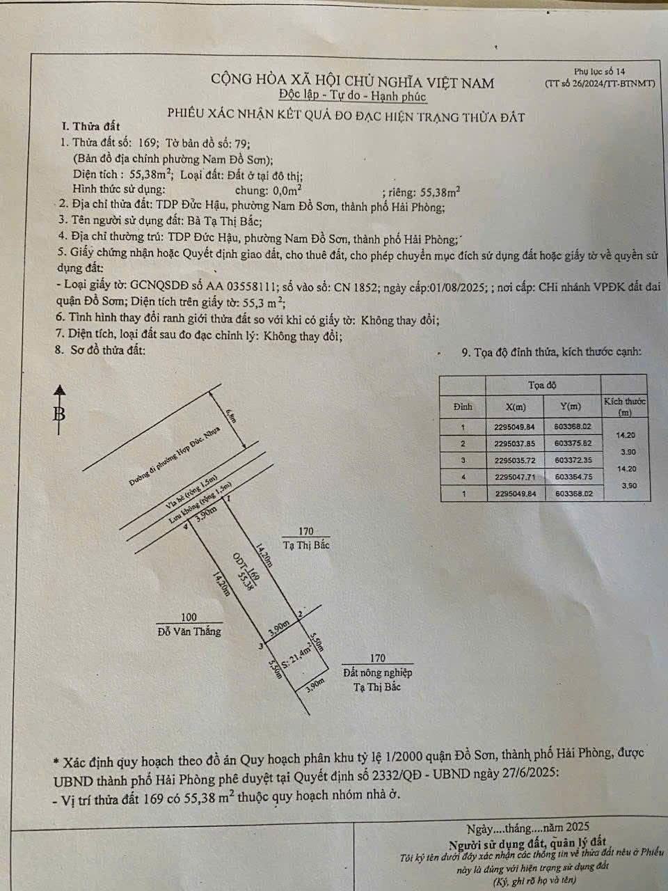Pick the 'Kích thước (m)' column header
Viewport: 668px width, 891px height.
(625, 407)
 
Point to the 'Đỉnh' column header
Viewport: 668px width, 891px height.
(463, 406)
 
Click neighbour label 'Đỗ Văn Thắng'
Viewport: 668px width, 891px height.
(189, 631)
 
